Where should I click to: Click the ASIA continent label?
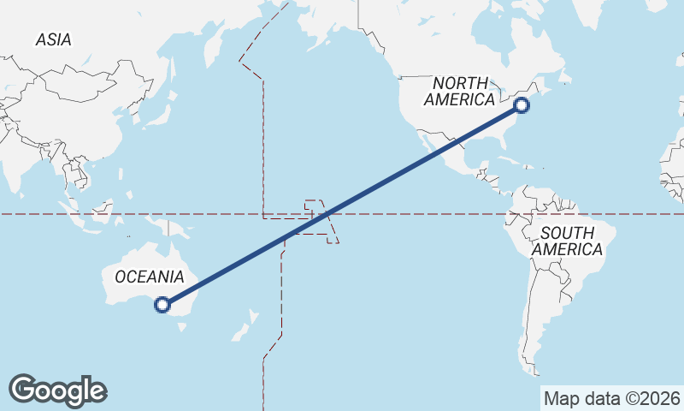[53, 39]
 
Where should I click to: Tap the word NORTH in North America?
[461, 83]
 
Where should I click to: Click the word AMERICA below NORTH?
[459, 99]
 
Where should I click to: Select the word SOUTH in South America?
[567, 233]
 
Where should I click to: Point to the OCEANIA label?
[149, 277]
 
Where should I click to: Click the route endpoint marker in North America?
[522, 105]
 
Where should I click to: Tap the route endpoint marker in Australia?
[162, 304]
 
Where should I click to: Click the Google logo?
[57, 390]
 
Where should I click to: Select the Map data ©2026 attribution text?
[612, 398]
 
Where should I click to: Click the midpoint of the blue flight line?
[342, 205]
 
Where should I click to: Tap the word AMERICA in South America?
[567, 249]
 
